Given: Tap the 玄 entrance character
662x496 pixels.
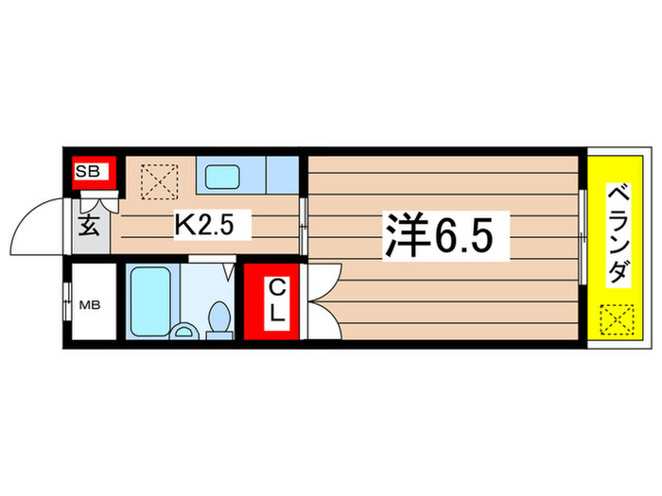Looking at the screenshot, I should point(88,228).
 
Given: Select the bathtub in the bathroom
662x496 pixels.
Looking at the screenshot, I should point(149,297).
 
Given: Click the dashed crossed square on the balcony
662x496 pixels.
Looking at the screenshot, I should point(617,320).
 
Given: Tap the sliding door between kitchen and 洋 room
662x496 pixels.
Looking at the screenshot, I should point(302,227).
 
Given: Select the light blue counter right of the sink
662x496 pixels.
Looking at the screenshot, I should point(282,176).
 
